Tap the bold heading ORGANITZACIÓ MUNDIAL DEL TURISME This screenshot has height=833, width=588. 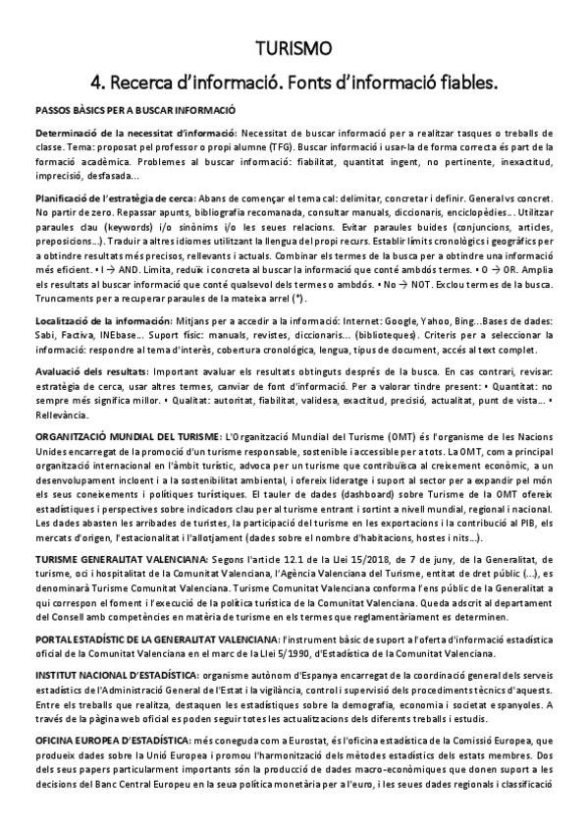128,435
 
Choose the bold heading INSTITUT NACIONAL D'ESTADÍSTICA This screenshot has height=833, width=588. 116,678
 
